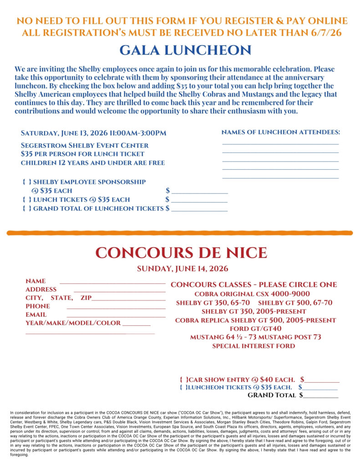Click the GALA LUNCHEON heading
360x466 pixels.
pyautogui.click(x=179, y=51)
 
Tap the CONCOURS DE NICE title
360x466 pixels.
pyautogui.click(x=181, y=253)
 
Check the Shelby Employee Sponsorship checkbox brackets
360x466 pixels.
pyautogui.click(x=27, y=182)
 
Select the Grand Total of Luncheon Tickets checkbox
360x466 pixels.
pyautogui.click(x=27, y=208)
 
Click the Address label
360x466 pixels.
pyautogui.click(x=41, y=289)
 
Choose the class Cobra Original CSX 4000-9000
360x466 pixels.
pyautogui.click(x=252, y=294)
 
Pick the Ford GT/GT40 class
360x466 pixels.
pyautogui.click(x=255, y=329)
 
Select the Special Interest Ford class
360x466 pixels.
pyautogui.click(x=254, y=346)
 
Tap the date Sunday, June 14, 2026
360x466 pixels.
pyautogui.click(x=183, y=268)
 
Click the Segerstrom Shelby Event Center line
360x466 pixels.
pyautogui.click(x=85, y=146)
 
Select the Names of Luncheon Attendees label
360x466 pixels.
pyautogui.click(x=281, y=132)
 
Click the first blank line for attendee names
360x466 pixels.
pyautogui.click(x=280, y=144)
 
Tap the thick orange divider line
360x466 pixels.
pyautogui.click(x=180, y=233)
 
